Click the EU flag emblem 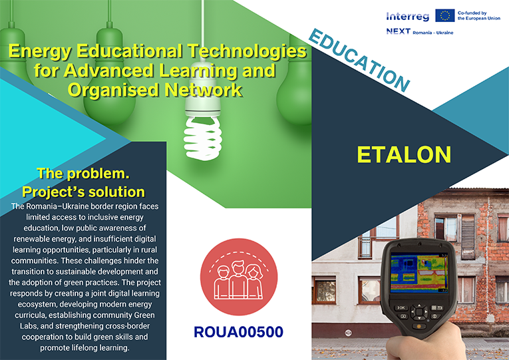444,15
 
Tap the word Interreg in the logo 408,16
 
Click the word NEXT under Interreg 399,31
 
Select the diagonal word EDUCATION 359,61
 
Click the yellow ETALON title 404,154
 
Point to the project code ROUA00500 239,332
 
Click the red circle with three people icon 239,277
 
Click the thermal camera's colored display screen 419,273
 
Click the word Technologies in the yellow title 247,51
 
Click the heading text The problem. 83,173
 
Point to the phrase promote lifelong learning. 85,347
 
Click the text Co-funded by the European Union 479,15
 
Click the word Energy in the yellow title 40,52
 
